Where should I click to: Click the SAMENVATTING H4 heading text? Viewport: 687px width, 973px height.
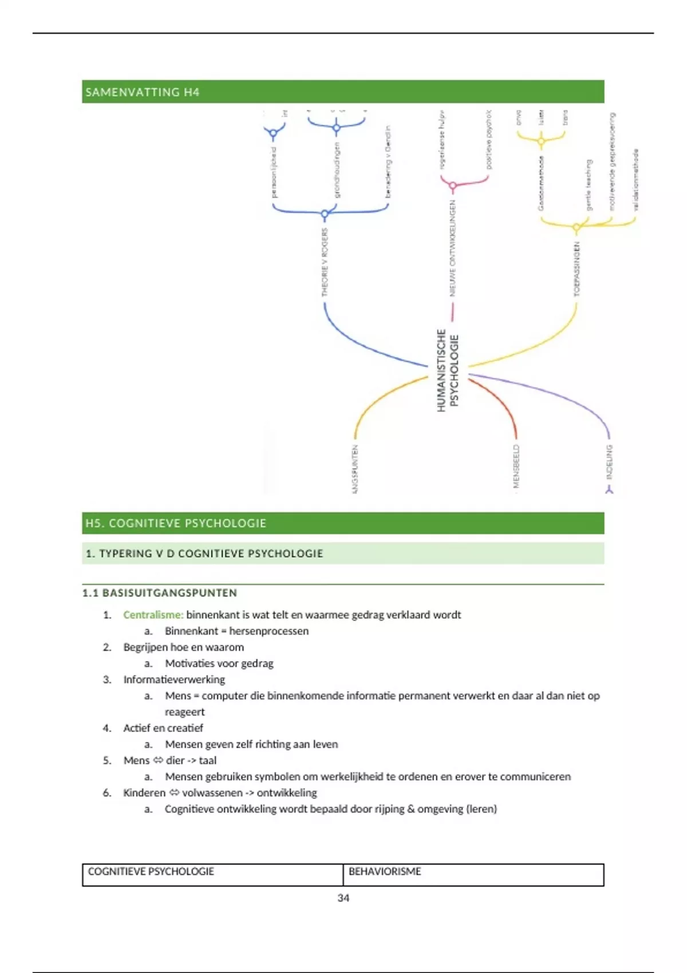coord(142,92)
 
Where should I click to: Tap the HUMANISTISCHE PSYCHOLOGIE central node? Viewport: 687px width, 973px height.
coord(448,370)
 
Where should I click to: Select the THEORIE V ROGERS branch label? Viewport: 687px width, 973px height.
coord(325,262)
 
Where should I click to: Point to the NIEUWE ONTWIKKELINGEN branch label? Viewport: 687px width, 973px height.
coord(452,248)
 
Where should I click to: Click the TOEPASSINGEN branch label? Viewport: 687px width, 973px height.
coord(577,268)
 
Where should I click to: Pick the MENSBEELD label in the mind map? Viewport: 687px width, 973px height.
coord(516,466)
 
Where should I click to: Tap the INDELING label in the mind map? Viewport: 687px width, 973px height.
coord(609,461)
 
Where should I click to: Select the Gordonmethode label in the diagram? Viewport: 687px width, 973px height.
coord(541,183)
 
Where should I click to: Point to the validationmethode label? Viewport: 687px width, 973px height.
coord(635,180)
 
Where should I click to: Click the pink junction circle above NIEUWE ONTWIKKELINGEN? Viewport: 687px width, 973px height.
coord(453,186)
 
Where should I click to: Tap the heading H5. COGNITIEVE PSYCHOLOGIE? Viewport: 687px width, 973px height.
coord(176,523)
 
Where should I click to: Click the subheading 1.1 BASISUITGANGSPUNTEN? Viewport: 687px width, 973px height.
coord(160,593)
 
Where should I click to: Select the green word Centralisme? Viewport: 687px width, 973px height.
coord(153,615)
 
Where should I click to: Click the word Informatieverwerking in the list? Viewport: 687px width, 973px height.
coord(174,679)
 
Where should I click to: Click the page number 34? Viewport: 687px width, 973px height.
coord(343,898)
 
